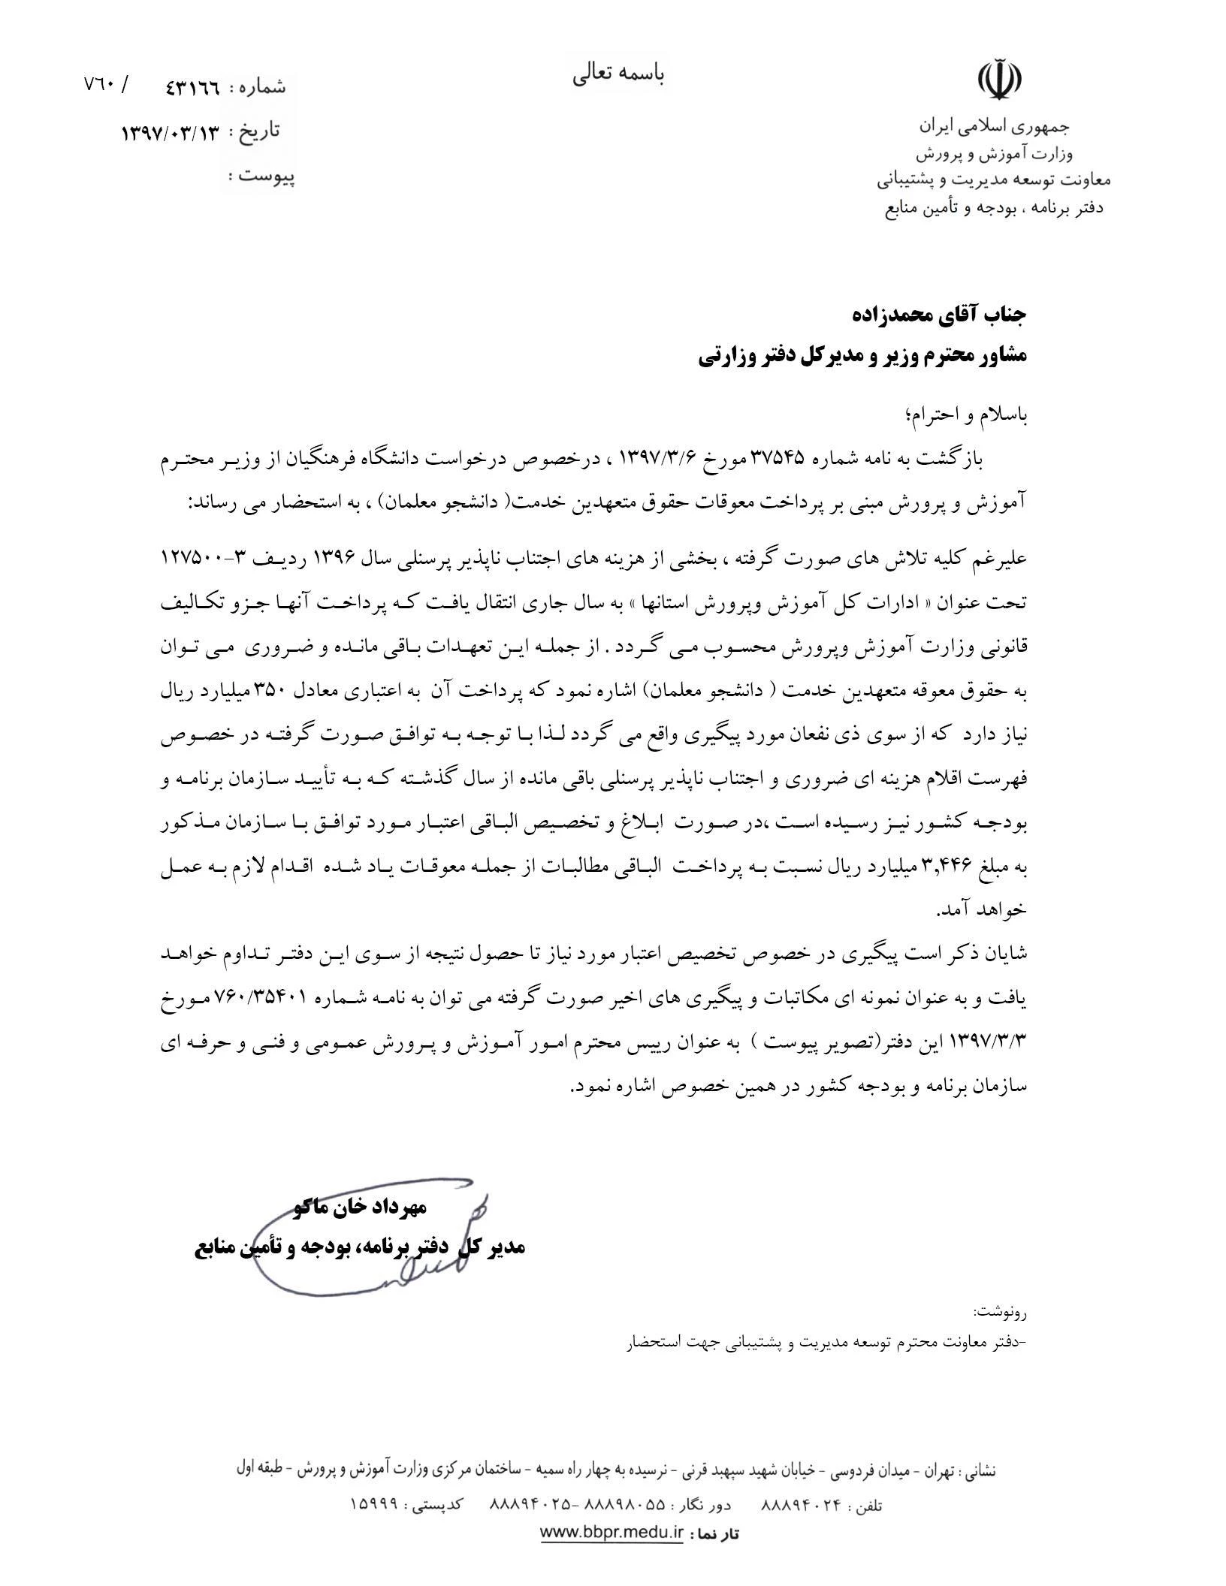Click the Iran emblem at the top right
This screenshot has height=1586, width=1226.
999,78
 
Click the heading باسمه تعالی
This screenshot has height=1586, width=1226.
619,74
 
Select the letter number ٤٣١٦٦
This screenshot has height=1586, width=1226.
192,87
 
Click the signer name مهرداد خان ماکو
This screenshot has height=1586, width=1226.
361,1208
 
